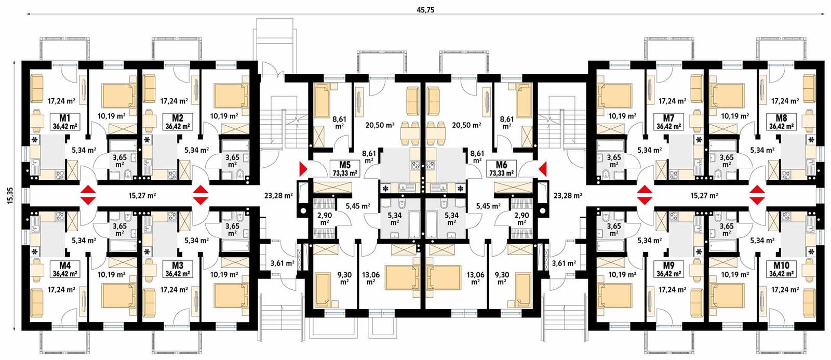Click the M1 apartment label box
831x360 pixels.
coord(65,121)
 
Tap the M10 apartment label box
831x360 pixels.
coord(781,269)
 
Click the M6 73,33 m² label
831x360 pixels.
coord(501,169)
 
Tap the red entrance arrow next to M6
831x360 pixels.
coord(543,169)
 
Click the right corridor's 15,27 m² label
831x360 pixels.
coord(704,196)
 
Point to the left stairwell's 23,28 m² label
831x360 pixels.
coord(279,196)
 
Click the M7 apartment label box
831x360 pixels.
coord(668,121)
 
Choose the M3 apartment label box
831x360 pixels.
coord(177,269)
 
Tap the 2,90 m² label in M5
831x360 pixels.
coord(325,219)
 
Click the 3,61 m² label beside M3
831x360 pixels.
coord(282,263)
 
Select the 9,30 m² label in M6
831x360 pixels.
coord(502,278)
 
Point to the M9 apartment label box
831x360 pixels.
coord(668,269)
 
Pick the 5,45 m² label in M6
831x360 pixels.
coord(488,206)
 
